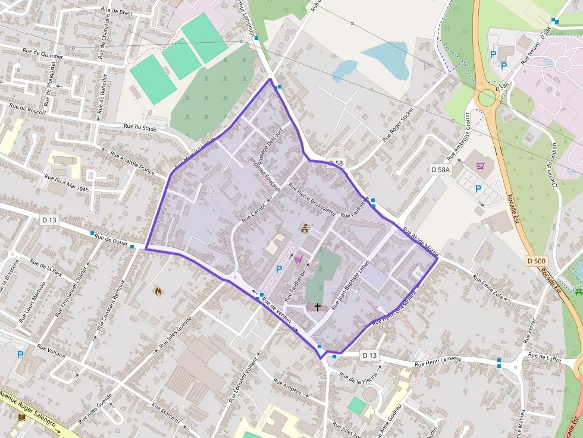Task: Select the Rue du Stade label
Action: tap(140, 127)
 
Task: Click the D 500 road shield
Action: tap(536, 260)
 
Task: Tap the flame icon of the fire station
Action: tap(158, 291)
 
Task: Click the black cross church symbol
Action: tap(318, 307)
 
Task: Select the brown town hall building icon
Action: tap(305, 228)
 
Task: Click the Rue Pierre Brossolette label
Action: tap(312, 199)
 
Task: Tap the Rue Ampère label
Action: tap(287, 388)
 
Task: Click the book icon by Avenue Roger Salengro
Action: tap(23, 418)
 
